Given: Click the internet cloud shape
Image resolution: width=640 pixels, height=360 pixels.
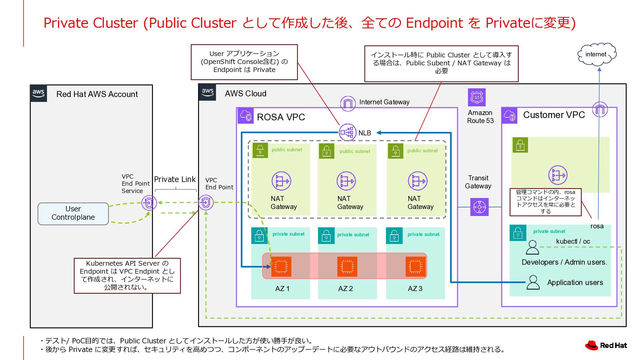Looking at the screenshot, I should (x=597, y=54).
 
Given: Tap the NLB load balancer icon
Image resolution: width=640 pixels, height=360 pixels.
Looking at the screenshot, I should (x=347, y=132).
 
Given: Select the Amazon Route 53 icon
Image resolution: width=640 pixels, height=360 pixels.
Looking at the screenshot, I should (x=477, y=97).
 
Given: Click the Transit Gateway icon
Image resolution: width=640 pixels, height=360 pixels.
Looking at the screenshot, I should (x=479, y=207).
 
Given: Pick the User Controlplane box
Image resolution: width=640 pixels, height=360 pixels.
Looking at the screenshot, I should (x=73, y=213).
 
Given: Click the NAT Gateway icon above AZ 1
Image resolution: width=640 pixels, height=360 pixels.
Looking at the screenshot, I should (x=281, y=181).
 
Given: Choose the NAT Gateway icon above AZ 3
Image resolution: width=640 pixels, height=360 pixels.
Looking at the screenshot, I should (x=417, y=181).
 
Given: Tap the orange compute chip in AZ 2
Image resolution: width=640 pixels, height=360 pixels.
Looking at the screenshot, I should (x=347, y=266).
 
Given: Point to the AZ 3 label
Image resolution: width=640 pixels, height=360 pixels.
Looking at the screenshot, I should (x=415, y=289).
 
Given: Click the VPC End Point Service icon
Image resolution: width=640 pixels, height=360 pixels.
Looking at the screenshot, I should (x=149, y=203).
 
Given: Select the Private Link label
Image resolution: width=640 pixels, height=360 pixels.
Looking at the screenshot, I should (x=175, y=179).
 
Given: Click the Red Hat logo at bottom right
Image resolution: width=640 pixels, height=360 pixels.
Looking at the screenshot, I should (x=606, y=345).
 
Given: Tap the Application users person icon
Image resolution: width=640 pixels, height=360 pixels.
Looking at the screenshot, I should (x=533, y=282).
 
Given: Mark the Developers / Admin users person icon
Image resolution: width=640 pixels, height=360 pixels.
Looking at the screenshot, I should (x=532, y=248).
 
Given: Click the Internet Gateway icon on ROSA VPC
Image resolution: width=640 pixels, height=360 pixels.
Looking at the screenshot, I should (x=348, y=103).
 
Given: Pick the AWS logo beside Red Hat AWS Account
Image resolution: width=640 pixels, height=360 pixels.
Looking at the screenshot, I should (x=38, y=93).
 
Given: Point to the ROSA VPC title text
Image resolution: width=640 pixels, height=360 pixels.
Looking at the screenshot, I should (x=281, y=117).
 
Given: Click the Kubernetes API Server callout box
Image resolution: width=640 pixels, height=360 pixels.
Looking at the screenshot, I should (x=127, y=276).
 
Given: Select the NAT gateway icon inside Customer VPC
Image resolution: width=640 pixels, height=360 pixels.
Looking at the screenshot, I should (x=558, y=175).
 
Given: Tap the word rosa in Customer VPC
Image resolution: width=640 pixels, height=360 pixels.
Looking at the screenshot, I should (x=597, y=226).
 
